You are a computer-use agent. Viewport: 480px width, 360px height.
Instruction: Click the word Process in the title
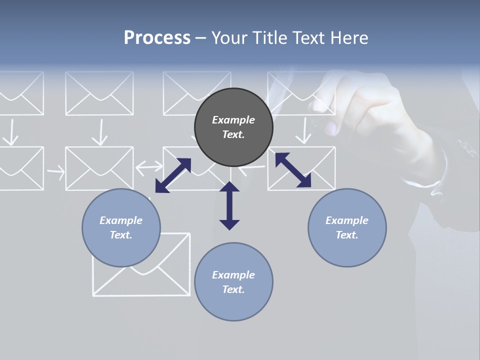[x=157, y=37]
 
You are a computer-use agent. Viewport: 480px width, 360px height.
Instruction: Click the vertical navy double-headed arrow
[x=229, y=205]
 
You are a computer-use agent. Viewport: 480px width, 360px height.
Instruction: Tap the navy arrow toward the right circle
[x=293, y=170]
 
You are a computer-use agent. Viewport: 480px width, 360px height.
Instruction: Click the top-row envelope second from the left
[x=99, y=93]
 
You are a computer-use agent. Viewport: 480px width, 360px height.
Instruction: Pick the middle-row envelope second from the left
[x=99, y=168]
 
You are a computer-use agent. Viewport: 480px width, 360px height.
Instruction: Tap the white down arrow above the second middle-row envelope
[x=101, y=132]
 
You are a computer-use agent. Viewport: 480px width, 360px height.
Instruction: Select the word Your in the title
[x=228, y=37]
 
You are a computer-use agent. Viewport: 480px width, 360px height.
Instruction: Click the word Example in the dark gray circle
[x=233, y=120]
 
